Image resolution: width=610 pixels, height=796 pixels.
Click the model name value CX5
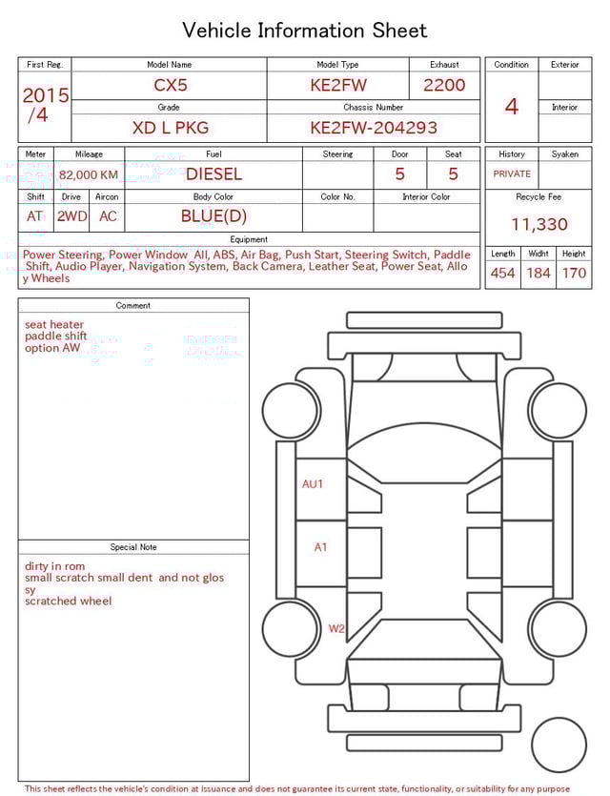tap(171, 85)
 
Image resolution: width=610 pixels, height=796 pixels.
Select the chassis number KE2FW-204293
tap(374, 128)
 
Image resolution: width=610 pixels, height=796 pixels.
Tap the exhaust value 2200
tap(444, 85)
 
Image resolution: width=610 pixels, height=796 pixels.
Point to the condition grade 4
tap(511, 106)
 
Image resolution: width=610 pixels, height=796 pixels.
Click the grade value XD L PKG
tap(170, 128)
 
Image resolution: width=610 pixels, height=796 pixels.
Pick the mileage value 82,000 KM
tap(89, 175)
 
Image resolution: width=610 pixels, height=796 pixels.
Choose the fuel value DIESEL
tap(213, 174)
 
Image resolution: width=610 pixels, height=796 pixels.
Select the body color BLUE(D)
tap(213, 216)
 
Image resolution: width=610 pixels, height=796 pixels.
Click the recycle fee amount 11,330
tap(539, 225)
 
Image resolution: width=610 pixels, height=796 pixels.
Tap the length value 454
tap(502, 274)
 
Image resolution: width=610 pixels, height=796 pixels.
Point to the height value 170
tap(574, 274)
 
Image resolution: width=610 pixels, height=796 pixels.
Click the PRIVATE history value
tap(512, 174)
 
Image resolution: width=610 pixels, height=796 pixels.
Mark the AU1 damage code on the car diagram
tap(313, 484)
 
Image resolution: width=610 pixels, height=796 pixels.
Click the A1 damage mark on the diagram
tap(320, 547)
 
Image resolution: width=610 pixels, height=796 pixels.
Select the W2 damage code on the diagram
tap(336, 629)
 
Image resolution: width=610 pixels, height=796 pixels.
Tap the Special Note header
tap(133, 547)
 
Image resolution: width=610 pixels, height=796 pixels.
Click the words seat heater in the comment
tap(54, 325)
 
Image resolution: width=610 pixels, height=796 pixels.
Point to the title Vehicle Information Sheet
tap(305, 31)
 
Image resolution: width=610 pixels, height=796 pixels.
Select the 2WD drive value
tap(71, 216)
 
